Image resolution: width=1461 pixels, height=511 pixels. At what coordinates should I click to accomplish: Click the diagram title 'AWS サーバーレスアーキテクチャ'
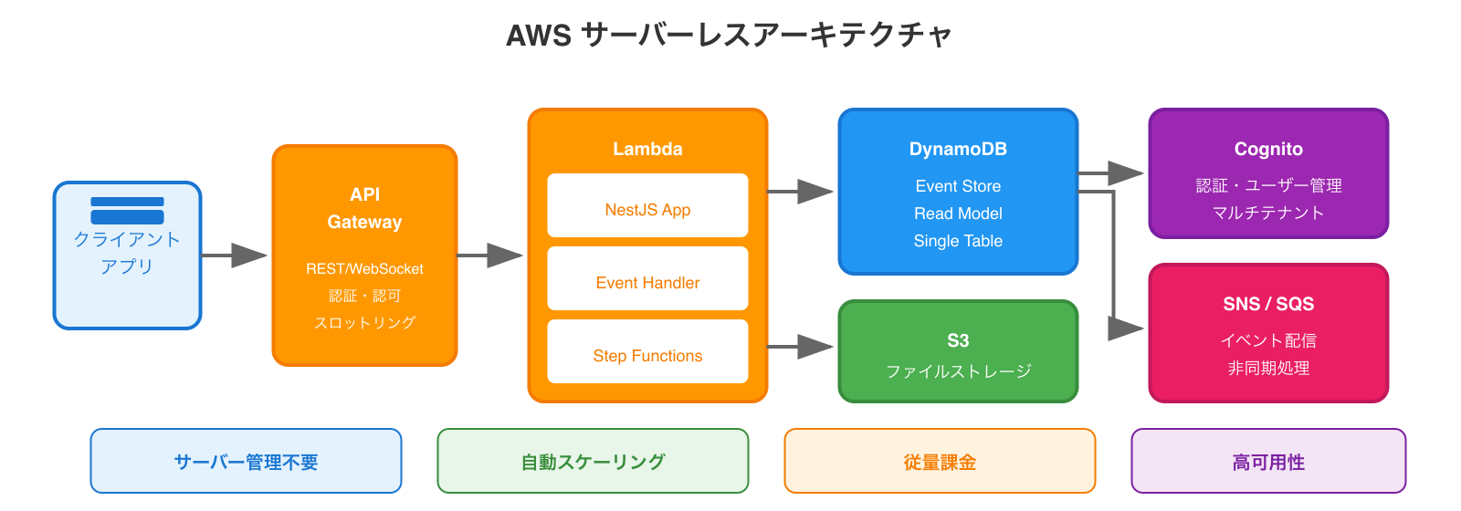tap(729, 36)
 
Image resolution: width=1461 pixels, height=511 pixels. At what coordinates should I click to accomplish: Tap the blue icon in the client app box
tap(127, 211)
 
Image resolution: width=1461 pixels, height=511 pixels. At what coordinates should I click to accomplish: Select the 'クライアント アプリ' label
tap(127, 253)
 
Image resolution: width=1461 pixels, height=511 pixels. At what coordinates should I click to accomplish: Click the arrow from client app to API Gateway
tap(236, 255)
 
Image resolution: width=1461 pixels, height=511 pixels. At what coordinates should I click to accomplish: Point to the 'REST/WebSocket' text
tap(364, 269)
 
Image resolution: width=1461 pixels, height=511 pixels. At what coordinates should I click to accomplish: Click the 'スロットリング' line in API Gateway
tap(364, 323)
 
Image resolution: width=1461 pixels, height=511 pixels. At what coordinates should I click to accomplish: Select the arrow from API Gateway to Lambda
tap(491, 255)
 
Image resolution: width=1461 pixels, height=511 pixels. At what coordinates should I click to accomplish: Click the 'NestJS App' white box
tap(647, 206)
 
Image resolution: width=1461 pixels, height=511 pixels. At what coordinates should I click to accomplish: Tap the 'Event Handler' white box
tap(647, 279)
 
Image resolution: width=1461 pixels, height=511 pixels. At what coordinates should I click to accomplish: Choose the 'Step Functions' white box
tap(647, 352)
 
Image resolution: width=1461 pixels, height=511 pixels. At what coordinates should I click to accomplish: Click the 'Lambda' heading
tap(647, 149)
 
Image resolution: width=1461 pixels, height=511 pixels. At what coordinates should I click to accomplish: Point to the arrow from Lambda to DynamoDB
tap(802, 192)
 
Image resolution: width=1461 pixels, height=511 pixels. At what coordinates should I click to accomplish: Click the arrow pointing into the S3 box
tap(802, 347)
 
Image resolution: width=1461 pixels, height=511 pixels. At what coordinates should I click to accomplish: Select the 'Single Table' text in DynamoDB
tap(958, 241)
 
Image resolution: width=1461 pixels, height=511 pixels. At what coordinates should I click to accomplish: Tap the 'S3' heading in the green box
tap(958, 340)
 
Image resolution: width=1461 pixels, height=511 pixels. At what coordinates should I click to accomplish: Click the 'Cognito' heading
tap(1268, 149)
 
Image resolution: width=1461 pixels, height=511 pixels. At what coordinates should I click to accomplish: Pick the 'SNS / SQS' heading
tap(1268, 304)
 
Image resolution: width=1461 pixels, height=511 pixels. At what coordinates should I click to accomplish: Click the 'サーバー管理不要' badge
tap(246, 462)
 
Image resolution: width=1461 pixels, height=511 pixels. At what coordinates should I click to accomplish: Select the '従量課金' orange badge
tap(940, 462)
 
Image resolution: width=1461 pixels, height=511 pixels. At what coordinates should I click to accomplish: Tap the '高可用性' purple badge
tap(1268, 462)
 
